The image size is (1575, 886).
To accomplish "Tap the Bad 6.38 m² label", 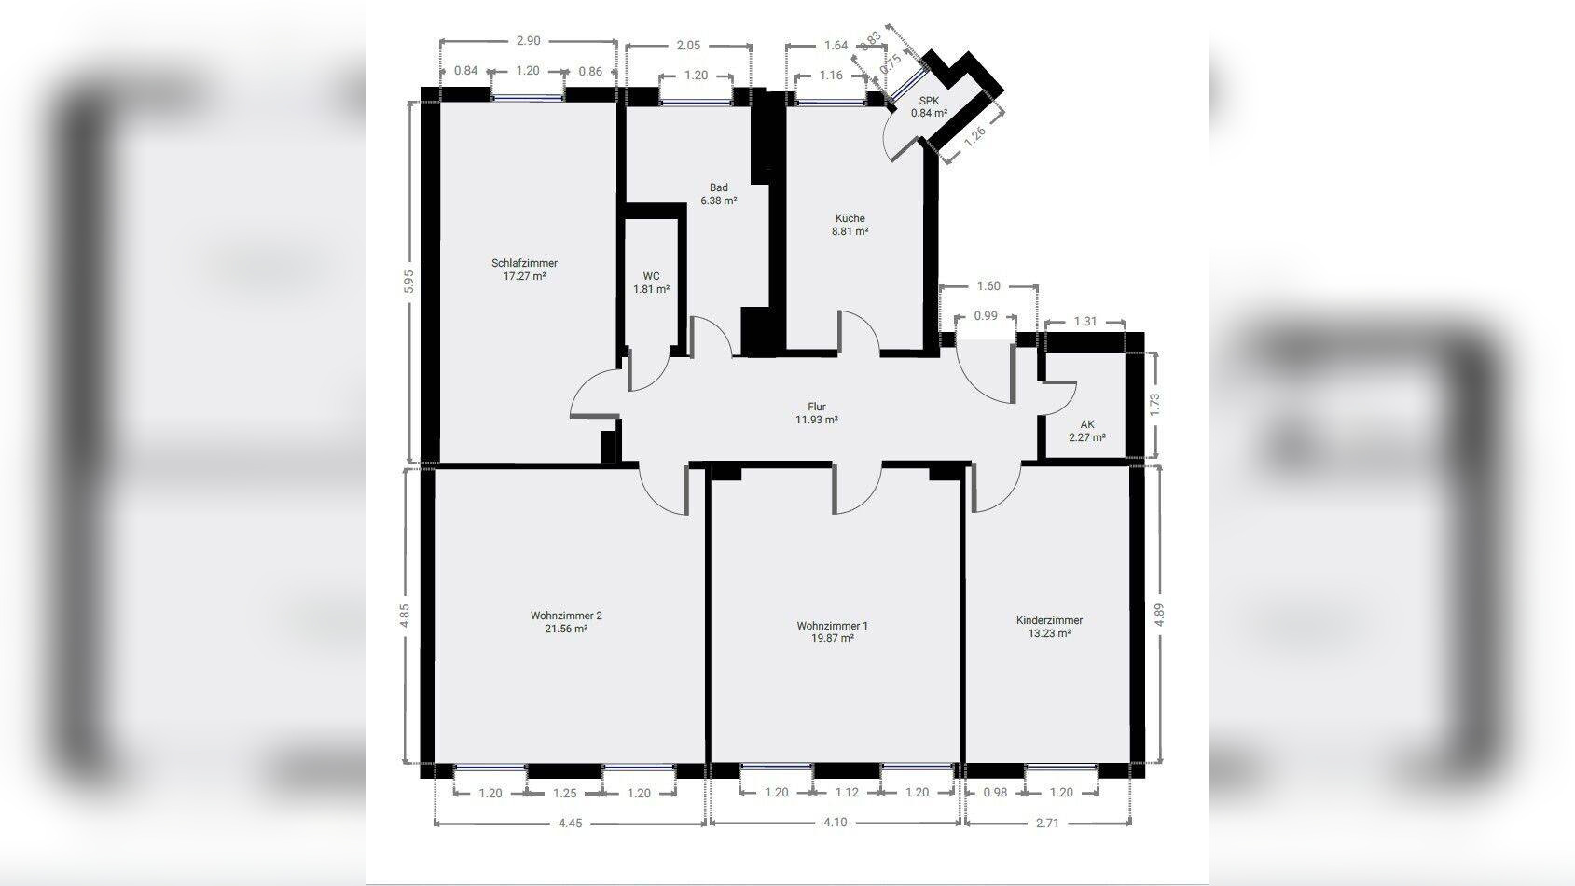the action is point(719,194).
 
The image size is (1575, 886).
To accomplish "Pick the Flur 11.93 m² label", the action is point(816,413).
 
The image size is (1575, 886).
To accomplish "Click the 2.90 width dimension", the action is point(528,41).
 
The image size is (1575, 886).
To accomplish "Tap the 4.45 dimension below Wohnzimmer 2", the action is point(571,823).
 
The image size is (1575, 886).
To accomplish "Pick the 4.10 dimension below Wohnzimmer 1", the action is point(836,822).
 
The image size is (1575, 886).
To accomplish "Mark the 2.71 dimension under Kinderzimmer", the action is point(1047,823).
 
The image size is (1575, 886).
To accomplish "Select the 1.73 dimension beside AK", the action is point(1154,405).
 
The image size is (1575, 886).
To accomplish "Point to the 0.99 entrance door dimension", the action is point(986,316).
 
